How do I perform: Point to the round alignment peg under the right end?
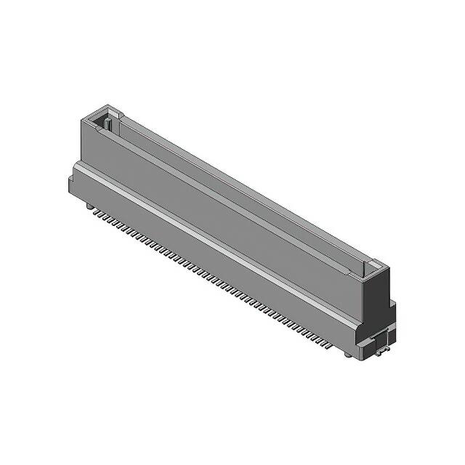351,354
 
